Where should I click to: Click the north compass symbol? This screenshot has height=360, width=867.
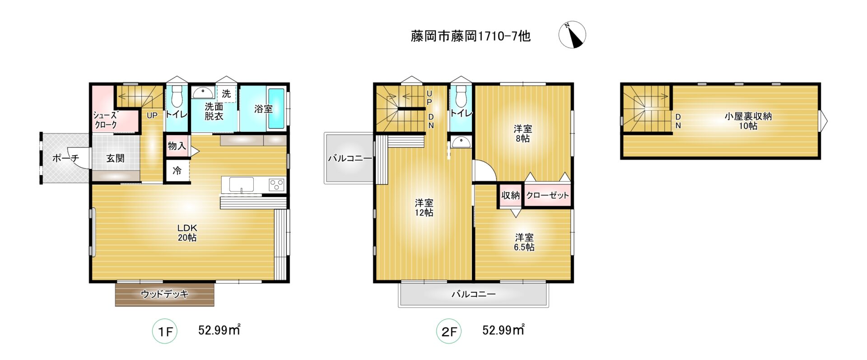[x=572, y=35]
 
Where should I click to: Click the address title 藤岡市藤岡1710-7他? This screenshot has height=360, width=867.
[x=470, y=36]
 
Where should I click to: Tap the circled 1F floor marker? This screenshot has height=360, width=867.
[x=165, y=332]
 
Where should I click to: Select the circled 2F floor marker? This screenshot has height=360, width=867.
[x=449, y=332]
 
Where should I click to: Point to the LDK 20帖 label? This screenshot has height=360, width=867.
[x=187, y=233]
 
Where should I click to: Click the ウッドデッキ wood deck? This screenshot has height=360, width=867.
[x=165, y=295]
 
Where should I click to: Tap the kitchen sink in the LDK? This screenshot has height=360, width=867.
[x=241, y=184]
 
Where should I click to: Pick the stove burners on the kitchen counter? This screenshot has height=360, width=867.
[x=276, y=184]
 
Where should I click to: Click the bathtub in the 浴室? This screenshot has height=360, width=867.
[x=276, y=108]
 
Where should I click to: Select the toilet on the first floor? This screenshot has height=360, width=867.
[x=177, y=94]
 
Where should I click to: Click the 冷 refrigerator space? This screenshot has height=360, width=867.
[x=177, y=171]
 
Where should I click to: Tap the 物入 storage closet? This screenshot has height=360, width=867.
[x=177, y=145]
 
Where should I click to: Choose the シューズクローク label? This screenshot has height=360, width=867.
[x=105, y=120]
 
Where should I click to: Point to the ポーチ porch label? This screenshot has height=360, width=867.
[x=65, y=158]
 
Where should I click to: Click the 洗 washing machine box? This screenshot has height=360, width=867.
[x=226, y=94]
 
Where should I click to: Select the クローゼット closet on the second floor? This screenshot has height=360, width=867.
[x=547, y=195]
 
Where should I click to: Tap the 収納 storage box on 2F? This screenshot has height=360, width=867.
[x=511, y=195]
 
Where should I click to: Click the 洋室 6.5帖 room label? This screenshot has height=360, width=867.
[x=524, y=242]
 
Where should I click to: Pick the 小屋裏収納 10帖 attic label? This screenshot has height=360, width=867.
[x=748, y=121]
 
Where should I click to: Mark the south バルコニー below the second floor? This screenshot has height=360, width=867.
[x=474, y=295]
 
